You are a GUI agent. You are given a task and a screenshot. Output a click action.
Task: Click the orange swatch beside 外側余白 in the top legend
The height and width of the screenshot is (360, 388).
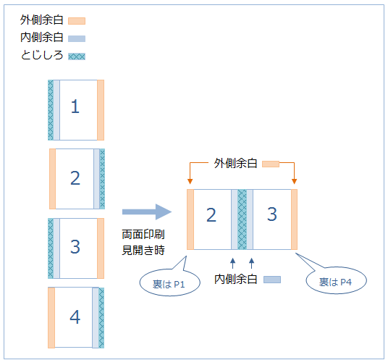pos(77,21)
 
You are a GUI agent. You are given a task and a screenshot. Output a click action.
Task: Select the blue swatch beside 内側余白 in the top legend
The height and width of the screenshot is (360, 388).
pos(77,38)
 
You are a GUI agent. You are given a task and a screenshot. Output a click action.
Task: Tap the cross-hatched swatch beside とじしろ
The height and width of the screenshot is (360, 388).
pos(77,56)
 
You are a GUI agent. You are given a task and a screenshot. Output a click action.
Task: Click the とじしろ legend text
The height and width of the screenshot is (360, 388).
pos(42,55)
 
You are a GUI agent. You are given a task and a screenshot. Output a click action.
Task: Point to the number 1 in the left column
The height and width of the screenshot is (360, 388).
pos(75,106)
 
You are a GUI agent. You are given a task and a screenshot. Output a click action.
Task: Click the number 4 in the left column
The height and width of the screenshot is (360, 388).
pos(75,317)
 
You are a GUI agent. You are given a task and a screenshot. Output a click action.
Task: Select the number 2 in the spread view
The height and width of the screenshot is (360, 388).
pos(211,215)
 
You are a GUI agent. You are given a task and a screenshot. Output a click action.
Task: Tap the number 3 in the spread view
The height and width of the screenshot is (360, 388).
pos(271,214)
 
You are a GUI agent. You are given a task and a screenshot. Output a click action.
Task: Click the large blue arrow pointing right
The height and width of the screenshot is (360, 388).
pos(147,212)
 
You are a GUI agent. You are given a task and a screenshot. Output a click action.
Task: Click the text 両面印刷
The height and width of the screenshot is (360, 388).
pos(143,234)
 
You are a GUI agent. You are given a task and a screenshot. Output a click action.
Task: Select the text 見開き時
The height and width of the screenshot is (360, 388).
pos(143,250)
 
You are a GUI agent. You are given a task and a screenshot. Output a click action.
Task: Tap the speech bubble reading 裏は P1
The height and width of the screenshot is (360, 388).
pos(169,282)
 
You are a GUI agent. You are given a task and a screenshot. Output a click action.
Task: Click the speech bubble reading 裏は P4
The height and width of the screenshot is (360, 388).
pos(336,280)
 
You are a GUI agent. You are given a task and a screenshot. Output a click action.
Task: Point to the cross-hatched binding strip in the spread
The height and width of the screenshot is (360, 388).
pos(242,219)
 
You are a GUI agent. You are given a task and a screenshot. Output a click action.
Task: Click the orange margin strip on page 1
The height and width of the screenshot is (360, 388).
pos(101,110)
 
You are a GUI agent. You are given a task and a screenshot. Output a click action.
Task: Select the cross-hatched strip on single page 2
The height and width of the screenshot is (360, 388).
pos(102,179)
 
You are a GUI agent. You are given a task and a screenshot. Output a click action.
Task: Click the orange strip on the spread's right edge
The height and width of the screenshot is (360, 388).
pos(294,219)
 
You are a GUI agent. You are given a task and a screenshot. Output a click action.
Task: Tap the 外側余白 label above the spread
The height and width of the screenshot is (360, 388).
pos(235,164)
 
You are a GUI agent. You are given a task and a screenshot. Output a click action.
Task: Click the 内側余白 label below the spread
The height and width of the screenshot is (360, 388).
pos(235,280)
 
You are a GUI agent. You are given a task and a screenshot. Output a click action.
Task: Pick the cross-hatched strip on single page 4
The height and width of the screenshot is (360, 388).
pos(101,318)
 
